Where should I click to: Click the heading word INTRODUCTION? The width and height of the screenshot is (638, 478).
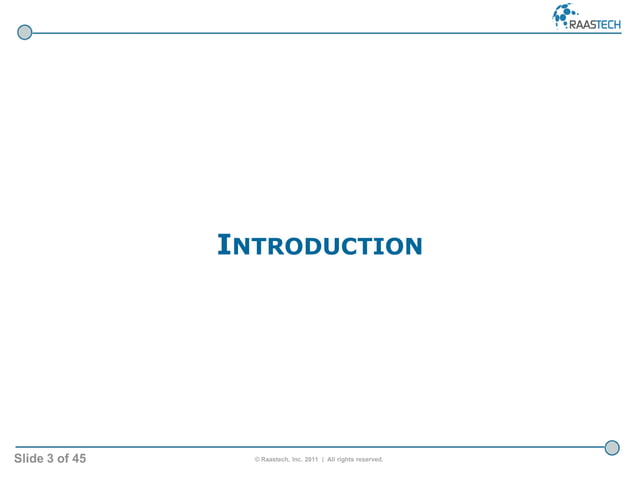pos(320,244)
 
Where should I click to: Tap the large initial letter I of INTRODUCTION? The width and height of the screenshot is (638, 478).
pos(224,244)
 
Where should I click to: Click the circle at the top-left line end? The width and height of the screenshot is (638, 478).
pos(25,32)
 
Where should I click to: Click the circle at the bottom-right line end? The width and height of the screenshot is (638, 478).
pos(612,447)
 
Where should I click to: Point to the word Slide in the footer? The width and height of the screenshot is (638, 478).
pos(33,459)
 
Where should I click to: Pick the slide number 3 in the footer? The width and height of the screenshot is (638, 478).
pos(59,459)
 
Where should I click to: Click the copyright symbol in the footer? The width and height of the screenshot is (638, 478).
pos(258,460)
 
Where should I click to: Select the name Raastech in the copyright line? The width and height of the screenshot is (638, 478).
pos(280,460)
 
